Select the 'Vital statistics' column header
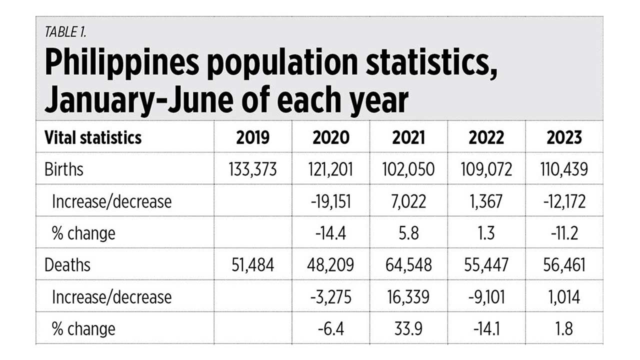point(93,137)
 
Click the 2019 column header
point(252,137)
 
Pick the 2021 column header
point(408,137)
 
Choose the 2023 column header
point(564,137)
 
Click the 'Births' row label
point(63,169)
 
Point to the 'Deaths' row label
point(67,265)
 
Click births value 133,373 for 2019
point(252,169)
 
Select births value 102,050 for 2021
point(408,169)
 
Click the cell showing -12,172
point(564,201)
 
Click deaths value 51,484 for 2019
point(252,265)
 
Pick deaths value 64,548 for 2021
point(408,265)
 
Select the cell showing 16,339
point(408,297)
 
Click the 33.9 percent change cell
point(408,328)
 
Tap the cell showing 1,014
point(564,297)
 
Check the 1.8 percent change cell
point(564,328)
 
